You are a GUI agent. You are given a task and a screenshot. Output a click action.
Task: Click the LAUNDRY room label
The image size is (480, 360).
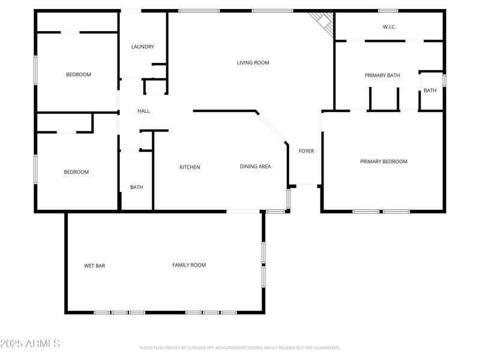[143, 47]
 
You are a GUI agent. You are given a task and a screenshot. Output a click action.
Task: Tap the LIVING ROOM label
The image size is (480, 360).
[253, 62]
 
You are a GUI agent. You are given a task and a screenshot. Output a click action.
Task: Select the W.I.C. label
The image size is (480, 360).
[390, 27]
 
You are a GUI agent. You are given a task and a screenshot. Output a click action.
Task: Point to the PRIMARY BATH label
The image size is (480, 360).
[382, 76]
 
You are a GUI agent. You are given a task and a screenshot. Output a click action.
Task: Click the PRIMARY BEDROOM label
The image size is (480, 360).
[383, 161]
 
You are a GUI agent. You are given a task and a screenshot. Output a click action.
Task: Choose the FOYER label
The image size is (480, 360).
[306, 151]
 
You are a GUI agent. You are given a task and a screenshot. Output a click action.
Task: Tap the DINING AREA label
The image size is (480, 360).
[255, 167]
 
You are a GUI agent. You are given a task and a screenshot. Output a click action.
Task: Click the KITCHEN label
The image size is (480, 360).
[190, 167]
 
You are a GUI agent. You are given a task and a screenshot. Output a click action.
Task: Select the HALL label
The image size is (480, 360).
[143, 111]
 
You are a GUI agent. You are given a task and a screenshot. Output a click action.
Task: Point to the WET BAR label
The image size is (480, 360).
[95, 265]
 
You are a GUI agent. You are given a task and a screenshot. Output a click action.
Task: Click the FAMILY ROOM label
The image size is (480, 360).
[189, 265]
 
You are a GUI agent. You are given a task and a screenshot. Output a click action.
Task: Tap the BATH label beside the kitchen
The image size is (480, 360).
[137, 187]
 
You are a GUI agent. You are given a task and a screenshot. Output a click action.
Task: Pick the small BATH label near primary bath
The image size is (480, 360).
[430, 91]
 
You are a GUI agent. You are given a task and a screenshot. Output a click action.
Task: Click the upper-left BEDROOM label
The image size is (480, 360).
[78, 74]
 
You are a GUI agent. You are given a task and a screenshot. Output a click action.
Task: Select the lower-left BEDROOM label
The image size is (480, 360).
[76, 172]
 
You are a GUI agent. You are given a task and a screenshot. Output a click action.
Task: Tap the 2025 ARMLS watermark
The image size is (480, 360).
[30, 344]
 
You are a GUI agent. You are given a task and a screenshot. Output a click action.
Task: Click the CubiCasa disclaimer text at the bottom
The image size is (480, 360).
[240, 347]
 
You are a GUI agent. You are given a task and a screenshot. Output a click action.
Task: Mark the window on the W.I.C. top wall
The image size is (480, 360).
[388, 10]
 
